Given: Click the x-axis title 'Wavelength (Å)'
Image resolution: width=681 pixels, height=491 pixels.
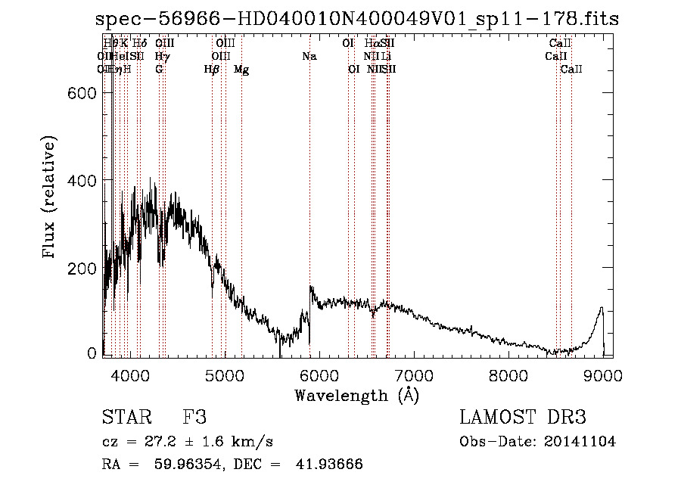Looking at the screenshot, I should point(356,395).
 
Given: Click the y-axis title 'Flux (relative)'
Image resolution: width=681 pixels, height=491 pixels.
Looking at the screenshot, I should point(51,198).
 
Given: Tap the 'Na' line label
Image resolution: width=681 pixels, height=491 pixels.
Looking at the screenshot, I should point(309,56).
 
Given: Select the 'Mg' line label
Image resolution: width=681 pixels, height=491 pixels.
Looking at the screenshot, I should point(241,70).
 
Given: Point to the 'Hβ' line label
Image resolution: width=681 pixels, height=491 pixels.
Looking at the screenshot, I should point(212,70).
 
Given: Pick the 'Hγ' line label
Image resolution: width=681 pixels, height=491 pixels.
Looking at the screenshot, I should point(162,56).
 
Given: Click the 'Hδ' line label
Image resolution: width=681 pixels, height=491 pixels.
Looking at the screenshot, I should point(139,43).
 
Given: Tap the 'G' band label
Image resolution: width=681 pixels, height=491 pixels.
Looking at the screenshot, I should point(159,69).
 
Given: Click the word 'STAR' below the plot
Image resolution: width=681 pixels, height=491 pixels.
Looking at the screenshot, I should point(126,417).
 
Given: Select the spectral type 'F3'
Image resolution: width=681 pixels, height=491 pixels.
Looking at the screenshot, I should point(194,417).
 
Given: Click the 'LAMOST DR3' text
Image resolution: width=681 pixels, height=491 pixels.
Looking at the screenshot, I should point(523,417).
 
